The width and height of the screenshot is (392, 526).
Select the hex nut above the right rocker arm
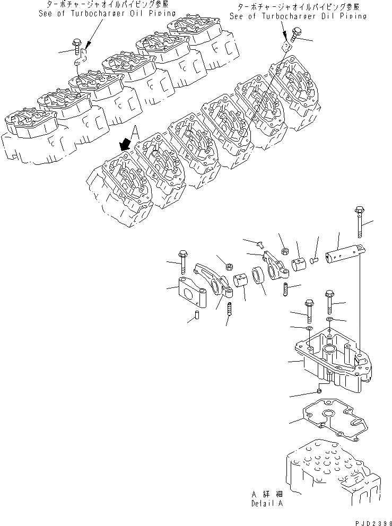[284, 248]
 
